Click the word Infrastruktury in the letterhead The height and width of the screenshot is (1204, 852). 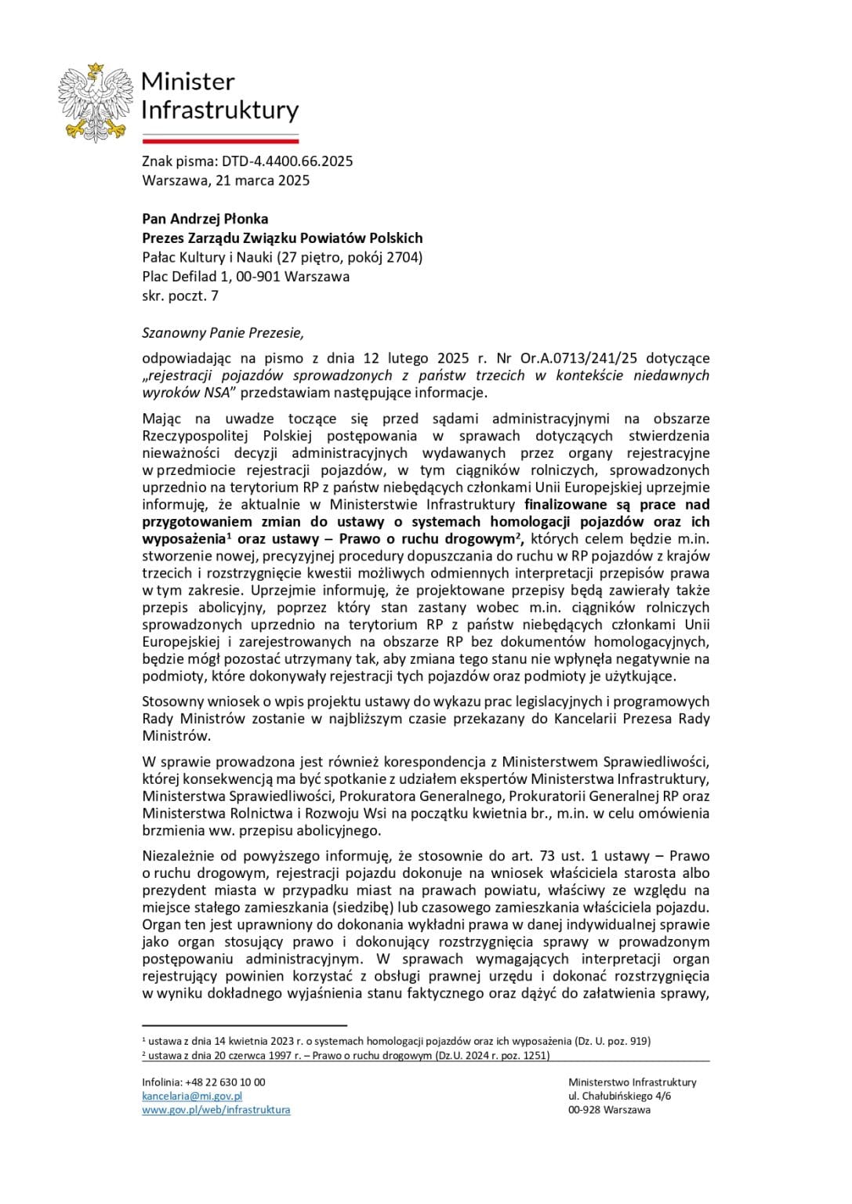tap(219, 110)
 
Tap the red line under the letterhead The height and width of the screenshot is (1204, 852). tap(220, 141)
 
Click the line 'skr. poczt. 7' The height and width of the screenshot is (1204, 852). tap(180, 296)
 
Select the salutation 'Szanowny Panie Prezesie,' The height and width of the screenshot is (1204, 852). tap(222, 332)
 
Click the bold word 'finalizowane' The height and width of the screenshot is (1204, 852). tap(571, 504)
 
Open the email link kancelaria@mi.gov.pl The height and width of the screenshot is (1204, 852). tap(192, 1096)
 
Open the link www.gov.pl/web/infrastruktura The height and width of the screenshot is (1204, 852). tap(216, 1109)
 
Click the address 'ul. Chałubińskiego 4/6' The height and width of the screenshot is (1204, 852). tap(619, 1096)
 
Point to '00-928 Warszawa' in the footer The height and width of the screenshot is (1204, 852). tap(609, 1109)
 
